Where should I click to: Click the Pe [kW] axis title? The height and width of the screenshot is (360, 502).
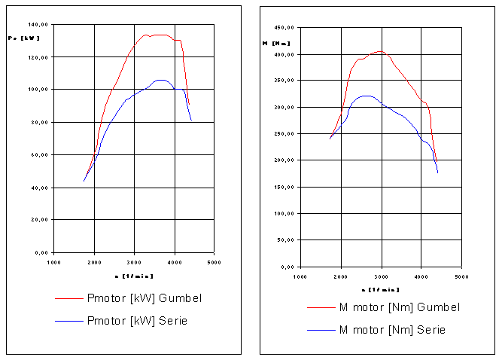point(23,38)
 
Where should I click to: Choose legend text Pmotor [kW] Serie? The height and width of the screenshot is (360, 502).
point(138,321)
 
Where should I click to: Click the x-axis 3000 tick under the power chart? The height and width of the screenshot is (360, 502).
point(134,262)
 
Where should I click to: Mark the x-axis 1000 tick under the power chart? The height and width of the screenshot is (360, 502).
point(53,262)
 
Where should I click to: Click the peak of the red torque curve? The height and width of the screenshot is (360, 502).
point(380,51)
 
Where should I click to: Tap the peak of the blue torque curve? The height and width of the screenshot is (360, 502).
point(366,96)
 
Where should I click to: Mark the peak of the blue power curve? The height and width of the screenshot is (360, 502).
point(160,79)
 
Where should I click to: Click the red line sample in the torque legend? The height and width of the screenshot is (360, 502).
point(321,307)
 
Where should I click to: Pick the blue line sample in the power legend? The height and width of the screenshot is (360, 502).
point(69,321)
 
